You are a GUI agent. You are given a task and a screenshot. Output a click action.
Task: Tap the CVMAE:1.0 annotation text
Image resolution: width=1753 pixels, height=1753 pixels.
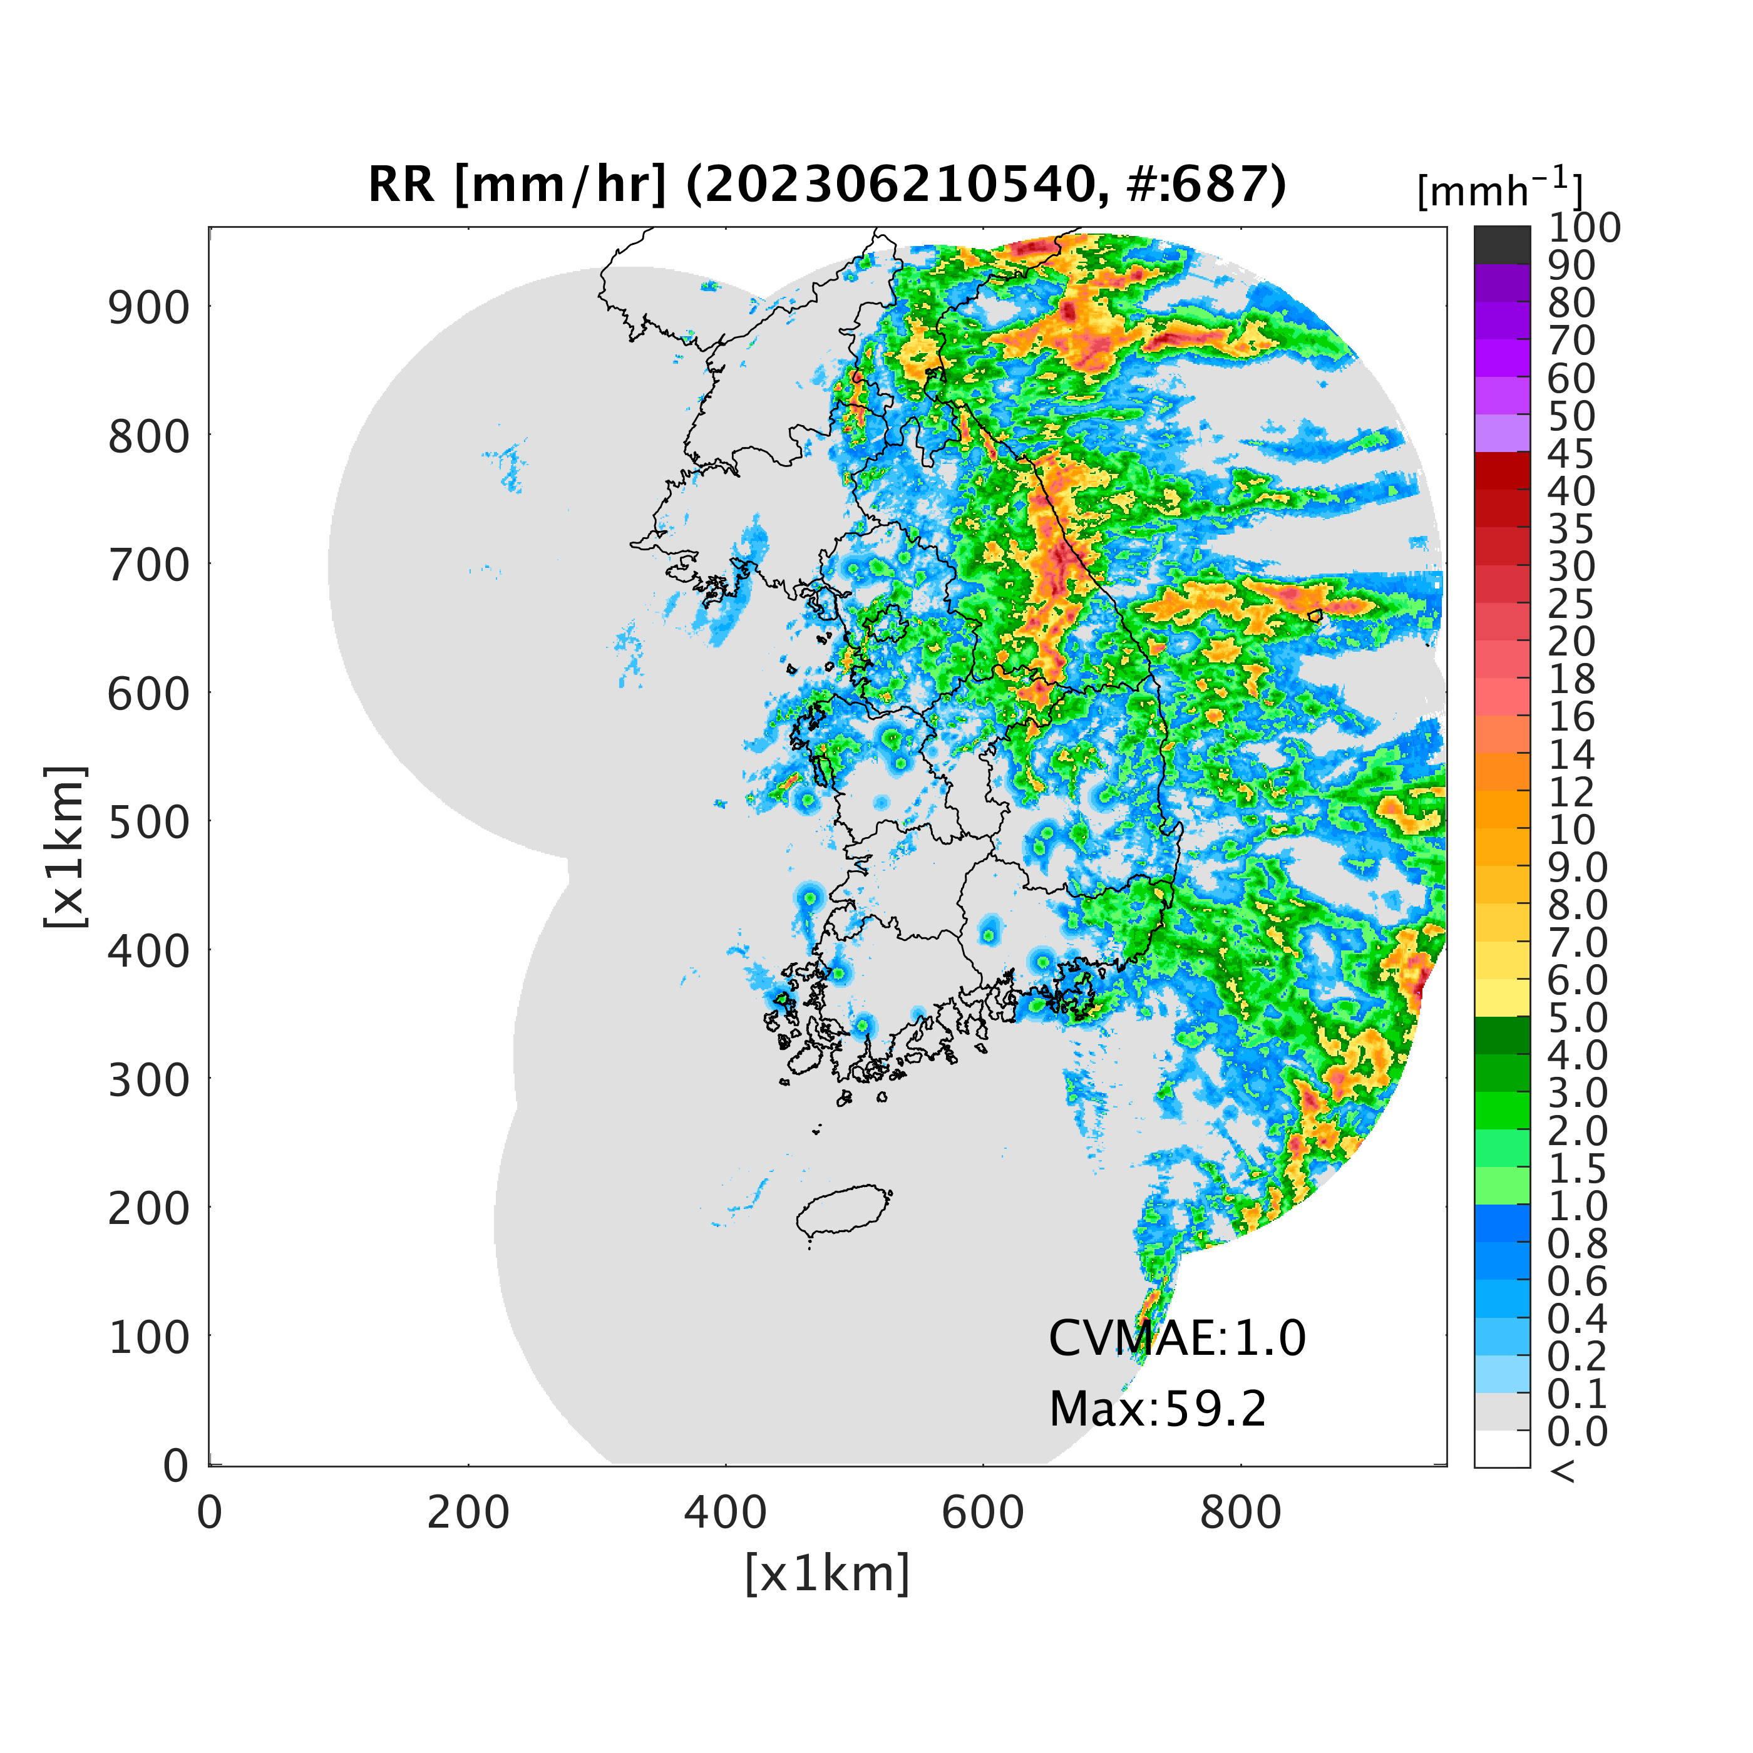1176,1339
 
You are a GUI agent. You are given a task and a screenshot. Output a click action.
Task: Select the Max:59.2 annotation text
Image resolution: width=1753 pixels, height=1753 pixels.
1157,1409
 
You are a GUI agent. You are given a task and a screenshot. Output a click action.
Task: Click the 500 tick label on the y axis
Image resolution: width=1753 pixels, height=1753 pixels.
150,823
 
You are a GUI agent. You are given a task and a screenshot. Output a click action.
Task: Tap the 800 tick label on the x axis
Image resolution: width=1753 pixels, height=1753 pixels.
1240,1513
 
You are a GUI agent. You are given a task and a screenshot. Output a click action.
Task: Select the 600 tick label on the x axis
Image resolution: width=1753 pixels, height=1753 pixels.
983,1513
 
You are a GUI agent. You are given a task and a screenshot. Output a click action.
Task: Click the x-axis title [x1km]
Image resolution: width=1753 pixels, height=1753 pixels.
826,1574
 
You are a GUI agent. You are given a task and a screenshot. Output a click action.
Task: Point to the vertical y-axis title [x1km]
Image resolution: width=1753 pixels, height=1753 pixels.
65,846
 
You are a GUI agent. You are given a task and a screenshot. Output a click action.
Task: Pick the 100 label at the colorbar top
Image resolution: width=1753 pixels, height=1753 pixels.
1583,228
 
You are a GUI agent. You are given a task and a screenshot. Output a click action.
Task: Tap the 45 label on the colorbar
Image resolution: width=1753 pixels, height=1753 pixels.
1570,454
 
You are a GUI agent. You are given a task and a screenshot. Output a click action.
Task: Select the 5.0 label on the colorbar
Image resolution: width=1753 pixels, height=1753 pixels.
1577,1018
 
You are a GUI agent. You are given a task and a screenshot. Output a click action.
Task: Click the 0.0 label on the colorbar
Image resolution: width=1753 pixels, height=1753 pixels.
1577,1432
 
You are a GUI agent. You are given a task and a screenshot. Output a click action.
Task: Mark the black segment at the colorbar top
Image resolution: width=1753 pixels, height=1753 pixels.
1502,245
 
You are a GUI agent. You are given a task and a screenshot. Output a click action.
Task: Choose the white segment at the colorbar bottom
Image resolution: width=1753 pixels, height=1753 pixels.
1502,1449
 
